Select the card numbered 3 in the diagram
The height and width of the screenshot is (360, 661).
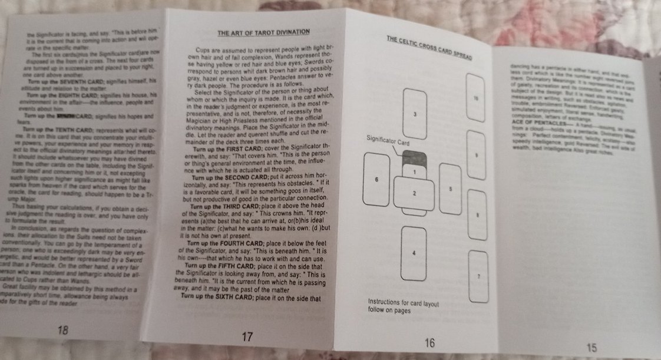(x=416, y=113)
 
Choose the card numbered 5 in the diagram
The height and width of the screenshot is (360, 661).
(x=450, y=189)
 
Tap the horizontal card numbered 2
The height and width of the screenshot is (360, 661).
(x=415, y=193)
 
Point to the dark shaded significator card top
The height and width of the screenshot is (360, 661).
(x=414, y=157)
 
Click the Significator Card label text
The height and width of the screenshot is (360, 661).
(x=388, y=143)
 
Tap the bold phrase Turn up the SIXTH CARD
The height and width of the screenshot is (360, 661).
(x=217, y=295)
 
